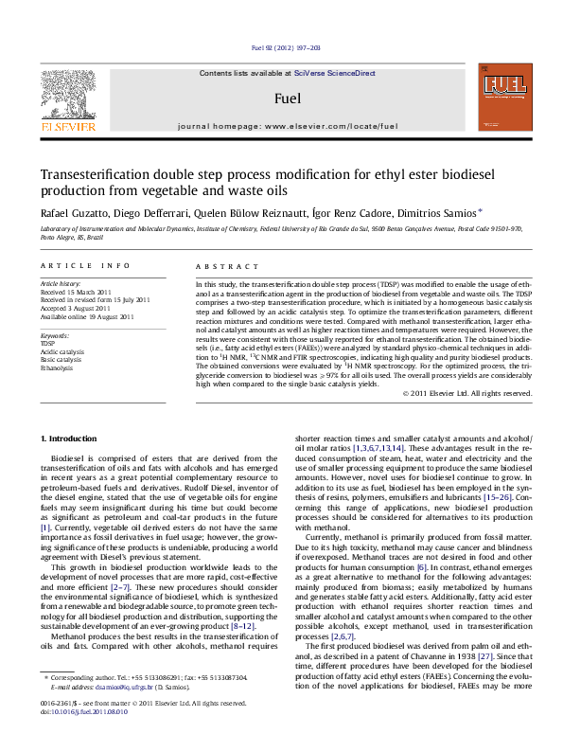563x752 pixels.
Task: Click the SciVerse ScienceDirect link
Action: (335, 73)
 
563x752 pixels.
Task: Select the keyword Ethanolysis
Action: (58, 368)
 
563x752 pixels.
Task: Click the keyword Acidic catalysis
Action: (62, 351)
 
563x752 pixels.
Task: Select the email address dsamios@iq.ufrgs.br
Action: (131, 710)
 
